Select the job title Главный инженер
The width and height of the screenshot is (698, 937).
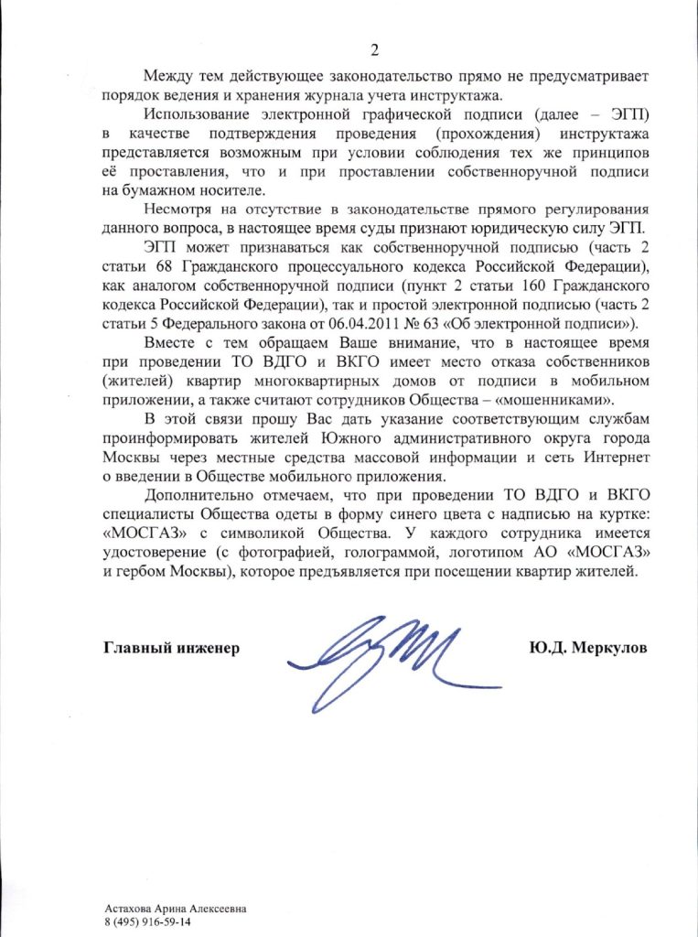(171, 649)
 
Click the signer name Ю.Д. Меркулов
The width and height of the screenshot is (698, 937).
(587, 649)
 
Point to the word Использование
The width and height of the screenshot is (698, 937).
(192, 114)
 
